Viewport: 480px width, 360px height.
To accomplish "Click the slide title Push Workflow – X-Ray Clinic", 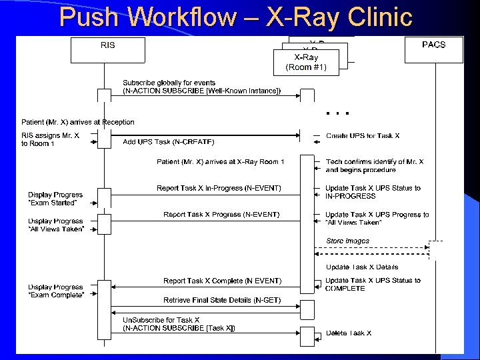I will coord(236,17).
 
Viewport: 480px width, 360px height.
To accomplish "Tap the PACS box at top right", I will coord(434,49).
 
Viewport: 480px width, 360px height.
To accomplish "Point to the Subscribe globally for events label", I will coord(201,87).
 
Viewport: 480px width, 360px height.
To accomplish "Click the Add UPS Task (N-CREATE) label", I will coord(169,141).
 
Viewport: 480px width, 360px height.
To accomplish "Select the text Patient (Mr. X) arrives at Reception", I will coord(78,122).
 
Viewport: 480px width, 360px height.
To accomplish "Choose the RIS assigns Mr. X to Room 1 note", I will coord(50,139).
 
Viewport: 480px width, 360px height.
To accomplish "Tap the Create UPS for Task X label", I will coord(363,135).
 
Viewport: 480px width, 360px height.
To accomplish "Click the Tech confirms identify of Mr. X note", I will coord(374,165).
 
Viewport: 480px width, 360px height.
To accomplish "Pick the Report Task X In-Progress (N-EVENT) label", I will coord(219,188).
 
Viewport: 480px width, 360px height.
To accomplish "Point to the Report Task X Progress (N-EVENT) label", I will coord(221,214).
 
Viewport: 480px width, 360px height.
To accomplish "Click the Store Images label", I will coord(347,241).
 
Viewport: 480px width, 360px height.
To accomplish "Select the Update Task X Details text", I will coord(362,267).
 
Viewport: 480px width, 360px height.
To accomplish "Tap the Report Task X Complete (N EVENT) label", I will coord(222,281).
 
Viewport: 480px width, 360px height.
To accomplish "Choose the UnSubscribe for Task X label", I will coord(179,323).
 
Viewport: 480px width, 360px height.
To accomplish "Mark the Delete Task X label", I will coord(349,333).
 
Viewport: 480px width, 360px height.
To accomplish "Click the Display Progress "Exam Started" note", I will coord(55,199).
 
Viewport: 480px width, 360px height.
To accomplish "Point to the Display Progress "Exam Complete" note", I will coord(55,291).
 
